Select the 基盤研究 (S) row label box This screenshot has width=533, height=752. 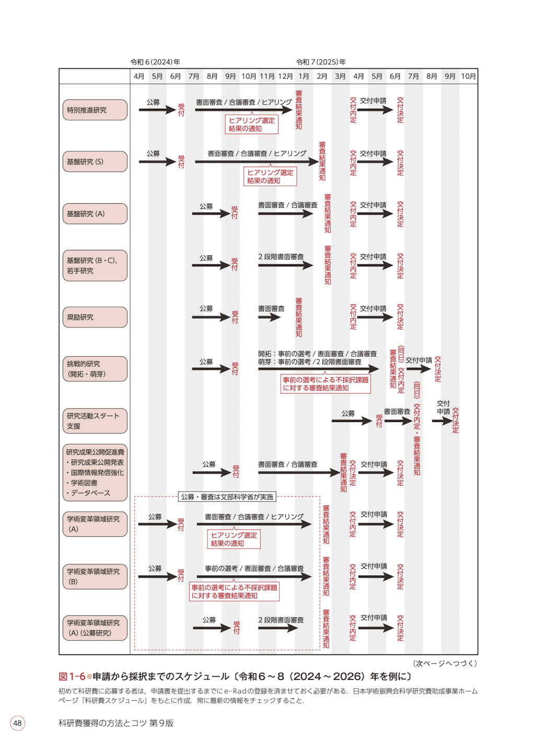(95, 161)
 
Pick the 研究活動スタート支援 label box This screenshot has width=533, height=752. (95, 421)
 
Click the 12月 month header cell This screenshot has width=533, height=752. (285, 76)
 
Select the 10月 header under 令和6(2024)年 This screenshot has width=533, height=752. (249, 76)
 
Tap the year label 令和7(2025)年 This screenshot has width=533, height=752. (321, 62)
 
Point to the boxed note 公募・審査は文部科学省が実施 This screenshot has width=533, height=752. (227, 497)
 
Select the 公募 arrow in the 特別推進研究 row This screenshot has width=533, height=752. (157, 110)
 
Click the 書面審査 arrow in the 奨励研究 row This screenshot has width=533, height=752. (269, 317)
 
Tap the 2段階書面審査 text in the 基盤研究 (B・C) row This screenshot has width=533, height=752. (281, 256)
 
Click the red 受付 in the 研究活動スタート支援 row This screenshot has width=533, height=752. (379, 421)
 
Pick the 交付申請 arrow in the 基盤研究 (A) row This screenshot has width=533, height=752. (375, 214)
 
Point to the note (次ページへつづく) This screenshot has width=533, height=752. (445, 663)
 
